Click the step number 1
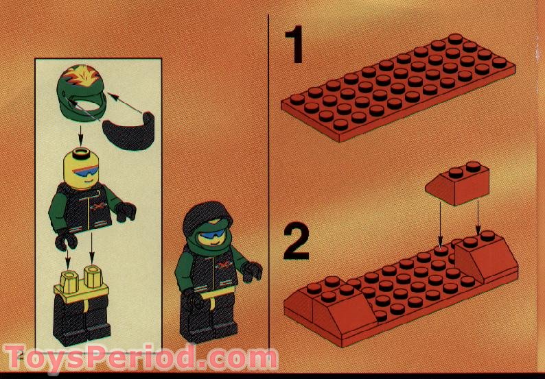[295, 47]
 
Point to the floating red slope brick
[458, 183]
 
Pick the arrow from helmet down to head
[80, 134]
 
